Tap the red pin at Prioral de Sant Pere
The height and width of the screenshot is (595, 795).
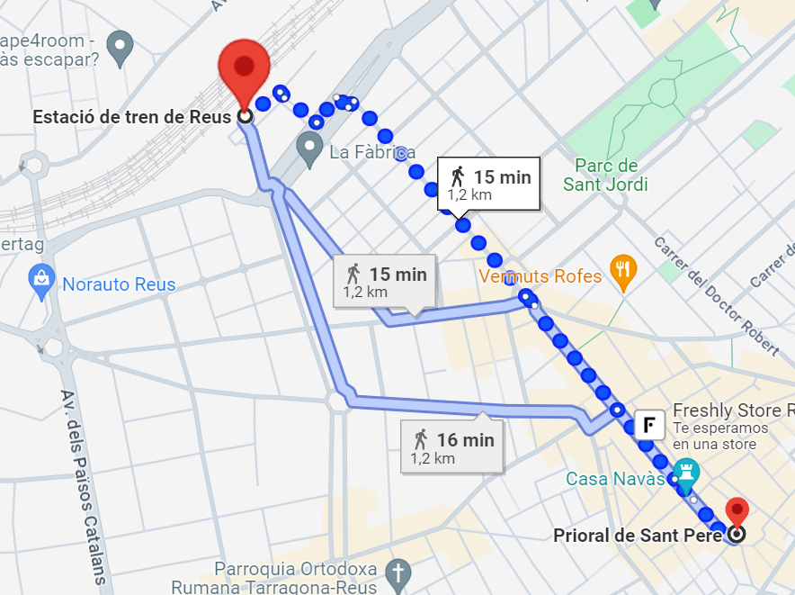[737, 511]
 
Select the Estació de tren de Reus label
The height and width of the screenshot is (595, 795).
[132, 117]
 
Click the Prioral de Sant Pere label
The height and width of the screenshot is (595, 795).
[637, 536]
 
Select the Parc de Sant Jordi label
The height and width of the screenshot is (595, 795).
[605, 175]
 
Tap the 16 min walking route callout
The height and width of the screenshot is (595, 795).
[452, 447]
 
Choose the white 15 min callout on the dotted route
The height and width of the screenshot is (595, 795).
[489, 184]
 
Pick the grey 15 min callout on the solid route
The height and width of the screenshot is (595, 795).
[385, 281]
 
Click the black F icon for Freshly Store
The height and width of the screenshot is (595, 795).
[649, 424]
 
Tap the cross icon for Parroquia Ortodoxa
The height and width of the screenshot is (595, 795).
[397, 572]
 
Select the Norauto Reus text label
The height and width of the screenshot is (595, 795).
[119, 284]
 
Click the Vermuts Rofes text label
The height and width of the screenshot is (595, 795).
[540, 276]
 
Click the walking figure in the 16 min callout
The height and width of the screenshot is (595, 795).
[420, 439]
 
